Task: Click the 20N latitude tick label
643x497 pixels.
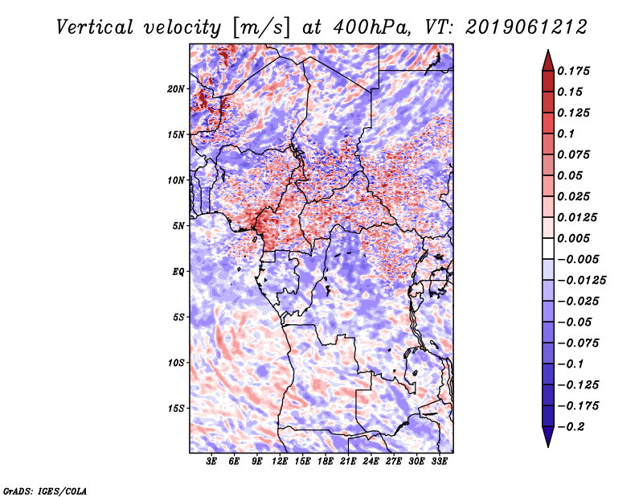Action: (176, 88)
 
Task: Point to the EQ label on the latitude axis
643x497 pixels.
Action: (178, 272)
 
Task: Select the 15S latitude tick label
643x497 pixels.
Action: (176, 409)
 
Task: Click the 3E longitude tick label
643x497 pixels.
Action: (212, 462)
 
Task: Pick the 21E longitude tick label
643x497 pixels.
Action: (348, 462)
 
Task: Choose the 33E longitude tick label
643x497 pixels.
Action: (439, 462)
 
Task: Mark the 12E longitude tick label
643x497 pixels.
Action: (280, 462)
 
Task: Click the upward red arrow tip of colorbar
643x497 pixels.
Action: (547, 53)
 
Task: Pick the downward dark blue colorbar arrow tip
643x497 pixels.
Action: (547, 443)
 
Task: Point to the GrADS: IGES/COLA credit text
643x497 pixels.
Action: (45, 490)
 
